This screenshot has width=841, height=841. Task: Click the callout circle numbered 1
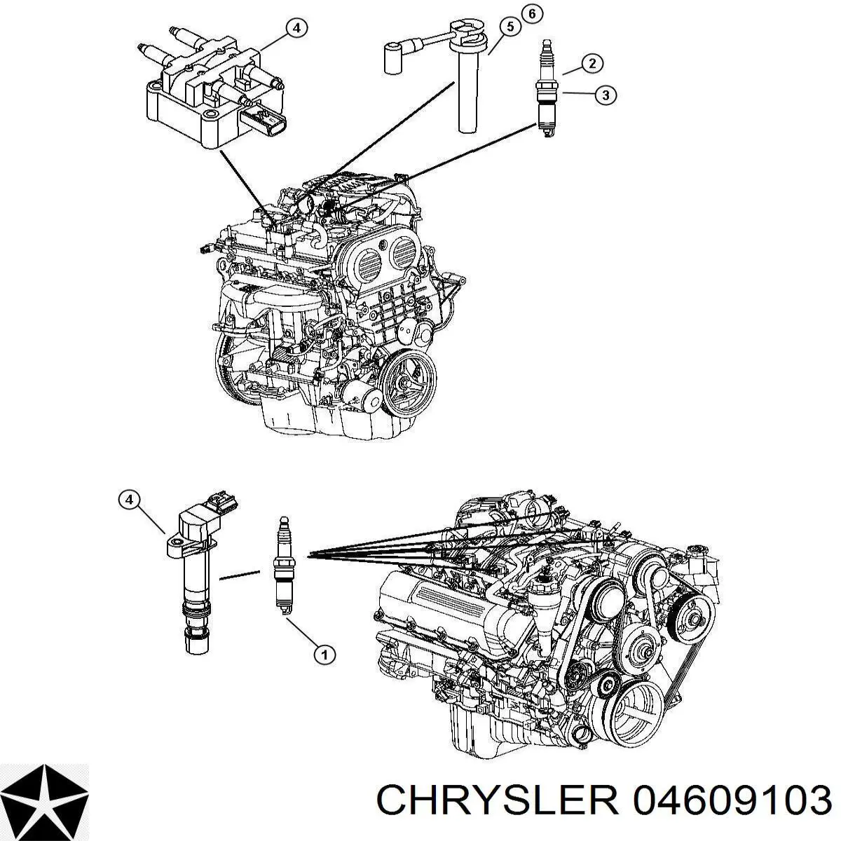(x=323, y=655)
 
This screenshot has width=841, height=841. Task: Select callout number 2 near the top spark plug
(x=592, y=64)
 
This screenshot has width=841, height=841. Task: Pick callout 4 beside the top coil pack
(x=296, y=28)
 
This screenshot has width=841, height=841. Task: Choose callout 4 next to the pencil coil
(x=128, y=500)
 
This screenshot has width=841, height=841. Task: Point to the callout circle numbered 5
(x=510, y=27)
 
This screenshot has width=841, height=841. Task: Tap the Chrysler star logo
(x=45, y=798)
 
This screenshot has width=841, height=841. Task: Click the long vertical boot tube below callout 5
(x=467, y=91)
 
